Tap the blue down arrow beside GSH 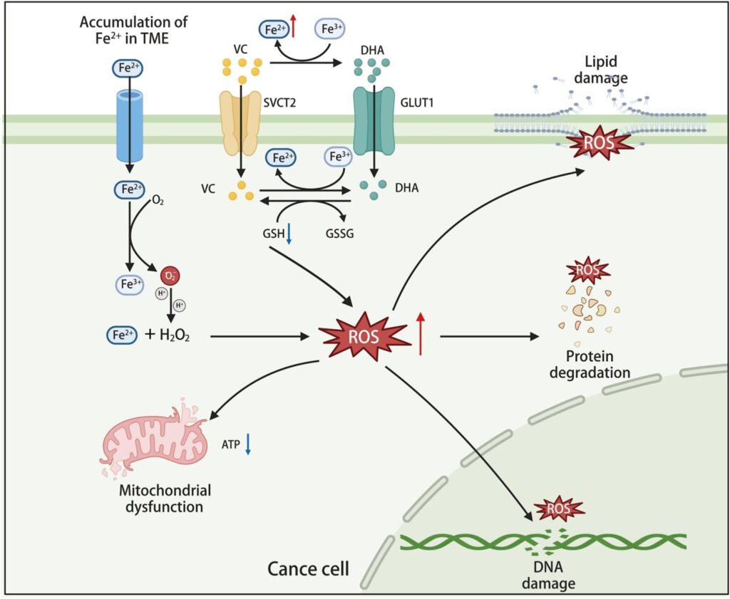coord(289,236)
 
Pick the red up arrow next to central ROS coord(421,333)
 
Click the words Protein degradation coord(590,364)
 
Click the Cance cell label coord(309,568)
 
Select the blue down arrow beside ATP coord(247,444)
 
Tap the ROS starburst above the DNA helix coord(558,509)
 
